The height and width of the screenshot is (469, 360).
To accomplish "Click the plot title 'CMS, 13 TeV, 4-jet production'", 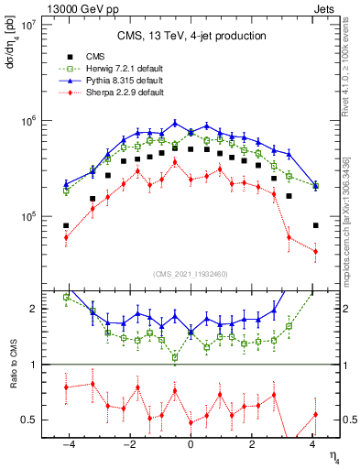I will [x=191, y=37].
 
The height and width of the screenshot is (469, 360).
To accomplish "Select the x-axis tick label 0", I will [x=191, y=446].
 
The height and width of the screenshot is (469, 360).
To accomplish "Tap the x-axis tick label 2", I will [x=252, y=446].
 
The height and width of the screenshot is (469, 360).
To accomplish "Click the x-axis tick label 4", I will [x=314, y=446].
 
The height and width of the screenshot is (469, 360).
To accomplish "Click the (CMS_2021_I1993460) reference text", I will [x=191, y=274].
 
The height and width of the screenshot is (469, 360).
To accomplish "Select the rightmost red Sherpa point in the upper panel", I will [x=315, y=251].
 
